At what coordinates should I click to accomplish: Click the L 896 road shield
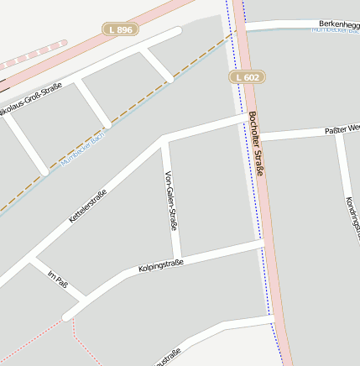pyautogui.click(x=121, y=29)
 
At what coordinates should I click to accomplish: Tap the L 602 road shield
pyautogui.click(x=248, y=76)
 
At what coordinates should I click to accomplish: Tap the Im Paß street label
pyautogui.click(x=57, y=280)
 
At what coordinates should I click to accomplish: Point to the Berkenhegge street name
pyautogui.click(x=339, y=24)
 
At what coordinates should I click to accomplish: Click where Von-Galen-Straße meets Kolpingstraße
pyautogui.click(x=177, y=257)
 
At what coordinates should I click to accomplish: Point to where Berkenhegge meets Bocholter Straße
pyautogui.click(x=243, y=28)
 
